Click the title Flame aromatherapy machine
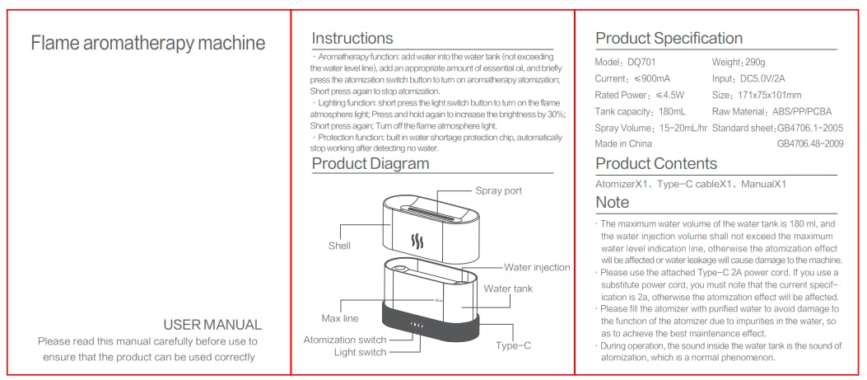[x=148, y=44]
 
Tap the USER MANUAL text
[x=212, y=325]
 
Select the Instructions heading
[x=352, y=39]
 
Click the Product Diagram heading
[x=370, y=163]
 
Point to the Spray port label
[x=498, y=191]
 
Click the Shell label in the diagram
[x=339, y=246]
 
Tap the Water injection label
[x=537, y=267]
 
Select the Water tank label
[x=508, y=289]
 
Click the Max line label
[x=339, y=318]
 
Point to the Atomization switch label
[x=344, y=340]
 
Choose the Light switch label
[x=360, y=353]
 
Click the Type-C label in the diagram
[x=513, y=346]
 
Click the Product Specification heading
[x=669, y=39]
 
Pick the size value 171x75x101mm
[x=770, y=96]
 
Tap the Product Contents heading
[x=656, y=163]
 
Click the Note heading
[x=612, y=202]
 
